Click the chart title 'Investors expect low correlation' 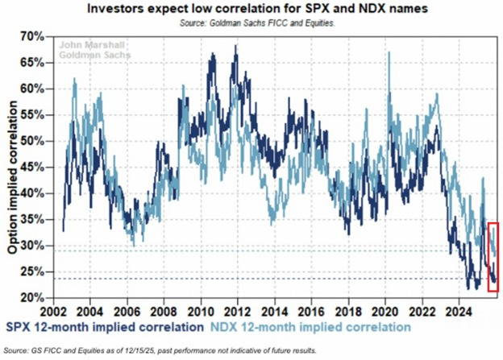point(252,9)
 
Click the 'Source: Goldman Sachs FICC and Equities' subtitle point(252,23)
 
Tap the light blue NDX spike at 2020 point(389,55)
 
